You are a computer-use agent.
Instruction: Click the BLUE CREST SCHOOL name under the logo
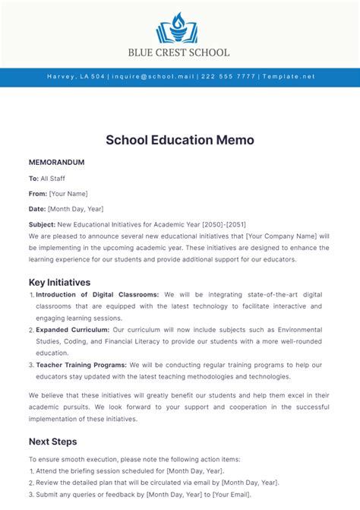pyautogui.click(x=180, y=52)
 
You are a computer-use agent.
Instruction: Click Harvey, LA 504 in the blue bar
pyautogui.click(x=75, y=78)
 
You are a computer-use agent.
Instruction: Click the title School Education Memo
pyautogui.click(x=180, y=140)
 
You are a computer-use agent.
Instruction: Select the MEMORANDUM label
pyautogui.click(x=56, y=163)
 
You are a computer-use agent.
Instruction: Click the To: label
pyautogui.click(x=33, y=179)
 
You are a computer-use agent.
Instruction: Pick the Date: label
pyautogui.click(x=37, y=209)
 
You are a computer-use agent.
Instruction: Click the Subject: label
pyautogui.click(x=42, y=225)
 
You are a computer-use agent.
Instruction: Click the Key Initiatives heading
pyautogui.click(x=59, y=282)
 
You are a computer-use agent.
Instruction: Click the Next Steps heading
pyautogui.click(x=52, y=442)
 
